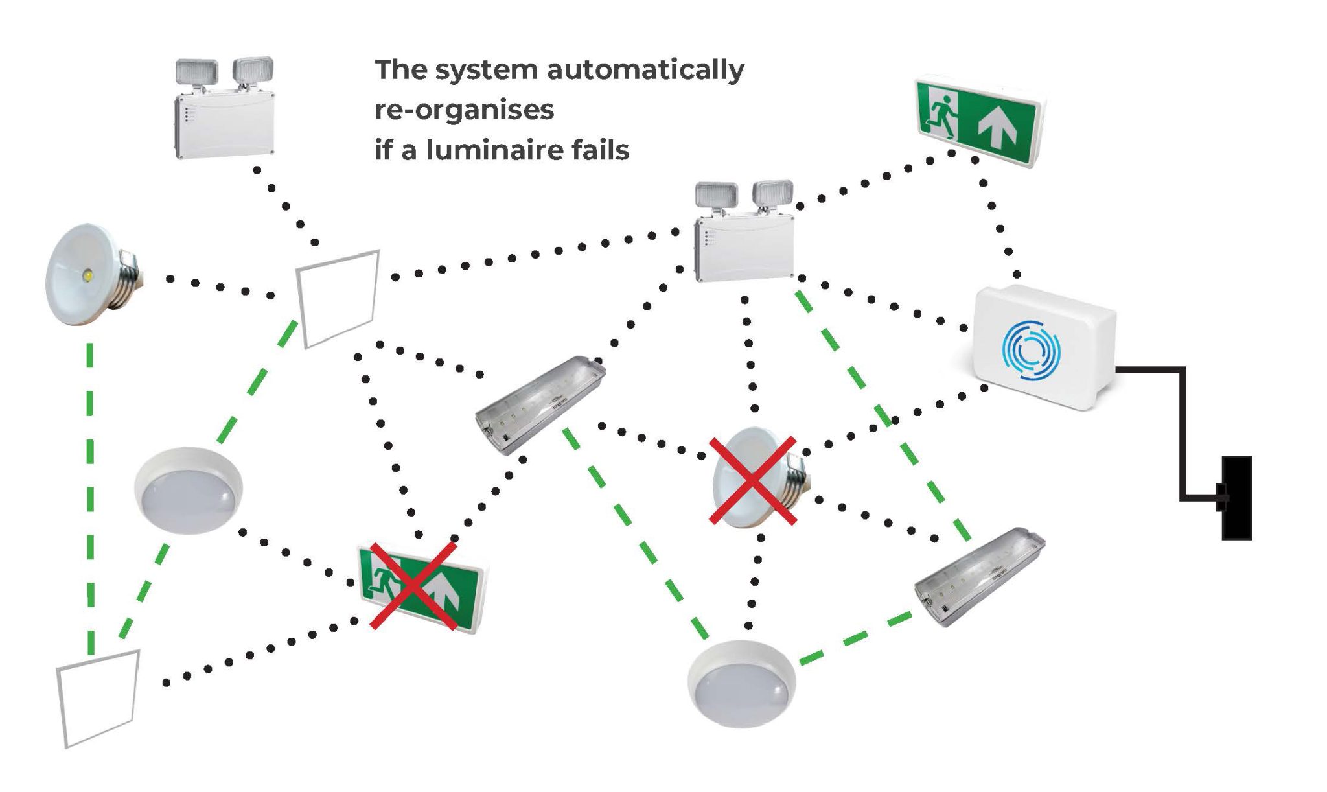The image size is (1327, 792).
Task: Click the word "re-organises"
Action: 464,110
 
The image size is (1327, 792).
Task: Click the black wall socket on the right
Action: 1236,498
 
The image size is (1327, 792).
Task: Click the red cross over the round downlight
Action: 752,480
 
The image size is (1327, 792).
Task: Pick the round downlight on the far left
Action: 90,275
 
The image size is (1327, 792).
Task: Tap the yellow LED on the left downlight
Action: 87,277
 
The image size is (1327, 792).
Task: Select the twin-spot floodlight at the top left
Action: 224,109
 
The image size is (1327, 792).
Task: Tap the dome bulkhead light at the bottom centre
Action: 741,683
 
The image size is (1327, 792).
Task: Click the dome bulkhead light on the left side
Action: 188,489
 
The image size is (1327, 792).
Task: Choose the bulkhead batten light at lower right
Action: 978,576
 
